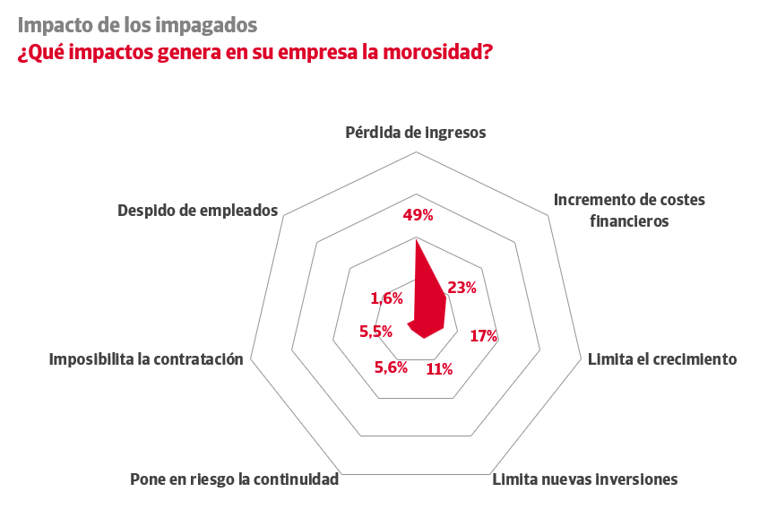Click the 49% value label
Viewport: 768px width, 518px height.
click(418, 215)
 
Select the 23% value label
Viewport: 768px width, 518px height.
click(461, 288)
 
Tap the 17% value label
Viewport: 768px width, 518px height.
click(484, 336)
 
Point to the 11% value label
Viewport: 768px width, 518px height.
click(439, 368)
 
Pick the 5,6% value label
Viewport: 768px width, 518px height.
click(391, 367)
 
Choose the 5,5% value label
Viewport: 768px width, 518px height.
click(376, 331)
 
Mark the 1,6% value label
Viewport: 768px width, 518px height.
click(386, 298)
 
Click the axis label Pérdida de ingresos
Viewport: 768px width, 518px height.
click(416, 133)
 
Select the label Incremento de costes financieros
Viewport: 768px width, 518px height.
click(629, 210)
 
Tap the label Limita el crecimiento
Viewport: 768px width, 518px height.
click(661, 359)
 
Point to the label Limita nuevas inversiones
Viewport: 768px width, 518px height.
click(585, 479)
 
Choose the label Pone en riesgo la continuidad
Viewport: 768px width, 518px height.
click(235, 479)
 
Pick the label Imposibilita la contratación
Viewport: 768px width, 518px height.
click(146, 359)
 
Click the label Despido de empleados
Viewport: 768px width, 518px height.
click(198, 211)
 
